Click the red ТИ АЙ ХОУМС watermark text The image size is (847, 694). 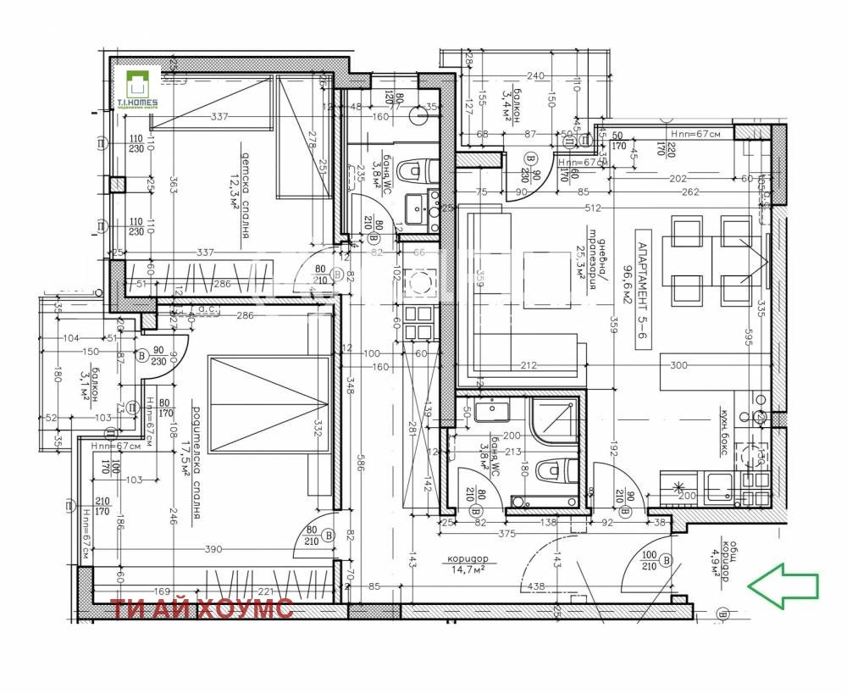coord(202,608)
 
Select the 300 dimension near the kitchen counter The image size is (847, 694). coord(678,366)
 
